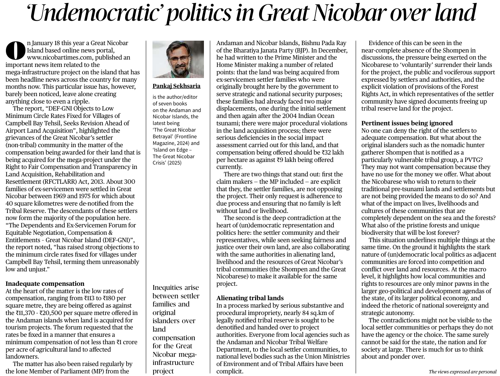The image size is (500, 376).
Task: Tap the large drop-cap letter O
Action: pyautogui.click(x=15, y=51)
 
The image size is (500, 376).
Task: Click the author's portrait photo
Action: pyautogui.click(x=178, y=59)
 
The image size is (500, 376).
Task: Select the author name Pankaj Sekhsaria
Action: pyautogui.click(x=176, y=86)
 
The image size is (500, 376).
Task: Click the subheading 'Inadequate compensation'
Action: pyautogui.click(x=45, y=284)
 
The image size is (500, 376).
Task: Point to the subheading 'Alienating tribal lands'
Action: pyautogui.click(x=250, y=298)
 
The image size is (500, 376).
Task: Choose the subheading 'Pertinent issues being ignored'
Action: pyautogui.click(x=407, y=123)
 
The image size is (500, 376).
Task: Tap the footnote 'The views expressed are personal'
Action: pyautogui.click(x=462, y=372)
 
